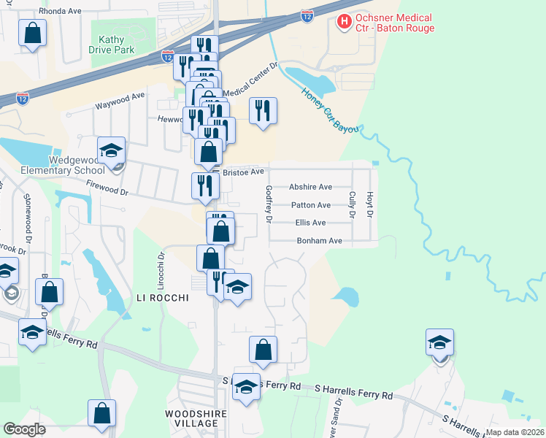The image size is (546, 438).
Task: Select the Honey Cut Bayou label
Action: point(331,109)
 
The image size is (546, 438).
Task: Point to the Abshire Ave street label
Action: point(310,187)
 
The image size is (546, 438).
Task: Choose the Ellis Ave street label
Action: point(310,223)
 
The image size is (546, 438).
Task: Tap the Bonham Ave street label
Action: point(319,240)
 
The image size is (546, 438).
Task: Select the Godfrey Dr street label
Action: point(269,204)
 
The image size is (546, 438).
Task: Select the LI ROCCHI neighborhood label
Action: point(163,298)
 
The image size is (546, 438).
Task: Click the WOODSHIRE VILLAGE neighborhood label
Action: point(191,418)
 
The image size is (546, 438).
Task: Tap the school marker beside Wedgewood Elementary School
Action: point(112,152)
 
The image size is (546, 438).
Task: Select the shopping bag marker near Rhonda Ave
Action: point(33,34)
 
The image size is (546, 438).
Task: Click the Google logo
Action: point(24,429)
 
